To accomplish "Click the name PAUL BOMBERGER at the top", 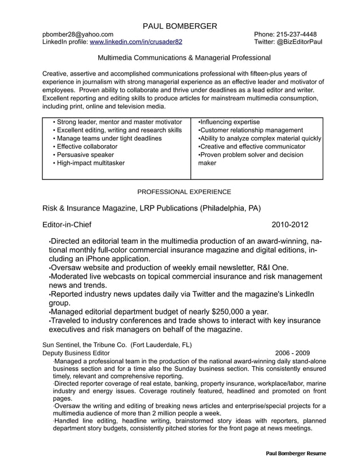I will click(x=179, y=26).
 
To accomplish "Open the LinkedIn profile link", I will click(x=136, y=42).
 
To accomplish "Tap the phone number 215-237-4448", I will click(x=297, y=34).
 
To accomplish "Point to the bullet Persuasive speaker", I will click(x=85, y=155).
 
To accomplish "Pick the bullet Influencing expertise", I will click(x=229, y=122).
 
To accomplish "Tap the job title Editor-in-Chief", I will click(x=67, y=225).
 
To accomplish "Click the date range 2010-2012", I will click(x=289, y=225).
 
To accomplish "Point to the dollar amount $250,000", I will click(x=231, y=311).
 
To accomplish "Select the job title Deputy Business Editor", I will click(x=76, y=353).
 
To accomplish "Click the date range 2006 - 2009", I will click(x=292, y=353).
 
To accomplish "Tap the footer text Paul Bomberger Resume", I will click(x=296, y=454).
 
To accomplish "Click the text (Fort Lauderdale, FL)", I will click(x=161, y=345).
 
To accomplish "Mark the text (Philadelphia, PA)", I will click(x=231, y=208).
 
